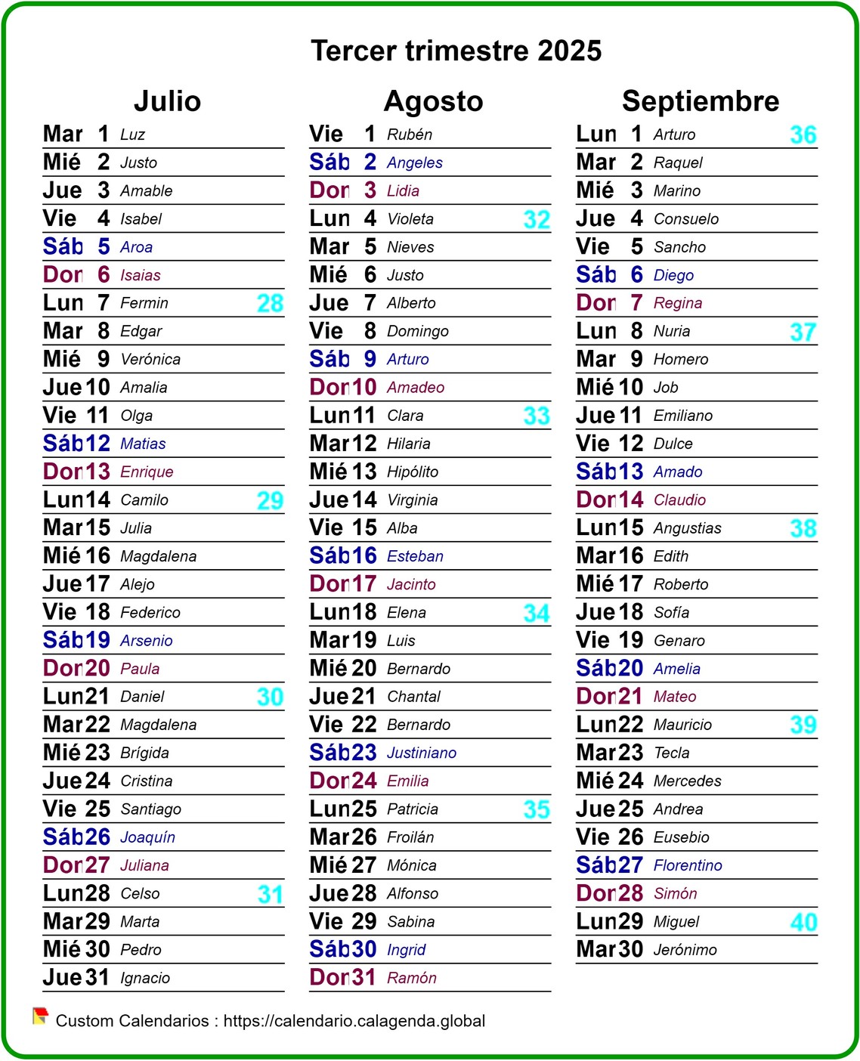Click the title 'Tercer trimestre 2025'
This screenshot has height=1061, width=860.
point(456,51)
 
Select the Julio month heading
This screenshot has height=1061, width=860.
point(167,101)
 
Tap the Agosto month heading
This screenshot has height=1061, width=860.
point(433,101)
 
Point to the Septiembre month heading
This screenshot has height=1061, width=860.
point(700,101)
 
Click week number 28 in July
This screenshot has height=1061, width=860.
point(270,303)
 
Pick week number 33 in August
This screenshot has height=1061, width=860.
point(536,416)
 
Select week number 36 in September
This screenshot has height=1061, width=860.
point(803,135)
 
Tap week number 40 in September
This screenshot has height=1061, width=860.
point(803,922)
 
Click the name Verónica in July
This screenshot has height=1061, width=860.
point(150,360)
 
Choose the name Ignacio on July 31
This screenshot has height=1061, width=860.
point(145,978)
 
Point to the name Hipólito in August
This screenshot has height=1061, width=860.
point(413,472)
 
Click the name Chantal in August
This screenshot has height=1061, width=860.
point(413,697)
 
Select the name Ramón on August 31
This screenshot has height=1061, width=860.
point(412,978)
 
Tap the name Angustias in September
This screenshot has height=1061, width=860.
point(687,528)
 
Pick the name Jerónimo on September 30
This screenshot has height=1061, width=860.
point(685,950)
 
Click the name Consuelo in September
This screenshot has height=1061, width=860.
point(685,219)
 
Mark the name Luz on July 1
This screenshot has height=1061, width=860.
point(132,135)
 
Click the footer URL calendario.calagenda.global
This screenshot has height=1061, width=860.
point(354,1021)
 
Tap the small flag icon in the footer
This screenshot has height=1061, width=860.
point(40,1016)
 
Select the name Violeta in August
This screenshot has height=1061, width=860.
point(410,219)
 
